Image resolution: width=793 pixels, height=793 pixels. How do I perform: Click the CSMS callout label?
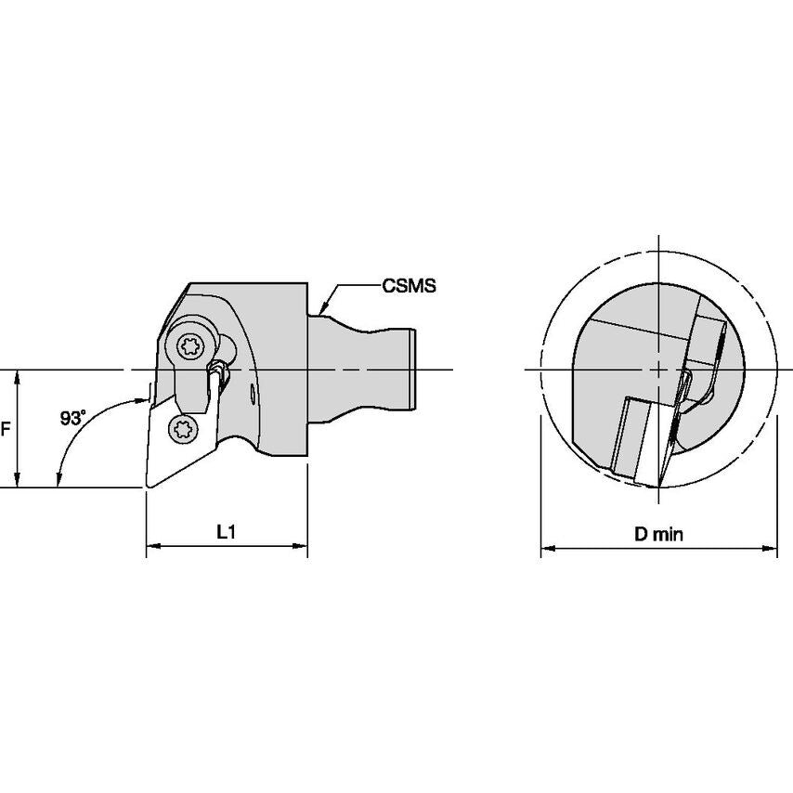409,286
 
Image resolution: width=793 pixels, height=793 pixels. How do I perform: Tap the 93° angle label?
72,418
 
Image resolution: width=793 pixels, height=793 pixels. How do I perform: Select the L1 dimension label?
226,531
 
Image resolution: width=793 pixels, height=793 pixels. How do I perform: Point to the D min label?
658,534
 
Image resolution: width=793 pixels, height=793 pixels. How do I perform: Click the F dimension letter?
6,429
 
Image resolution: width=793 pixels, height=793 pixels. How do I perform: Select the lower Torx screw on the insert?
183,430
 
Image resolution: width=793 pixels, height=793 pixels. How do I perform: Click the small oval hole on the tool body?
253,395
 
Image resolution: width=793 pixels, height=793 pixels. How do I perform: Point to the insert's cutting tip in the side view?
148,486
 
